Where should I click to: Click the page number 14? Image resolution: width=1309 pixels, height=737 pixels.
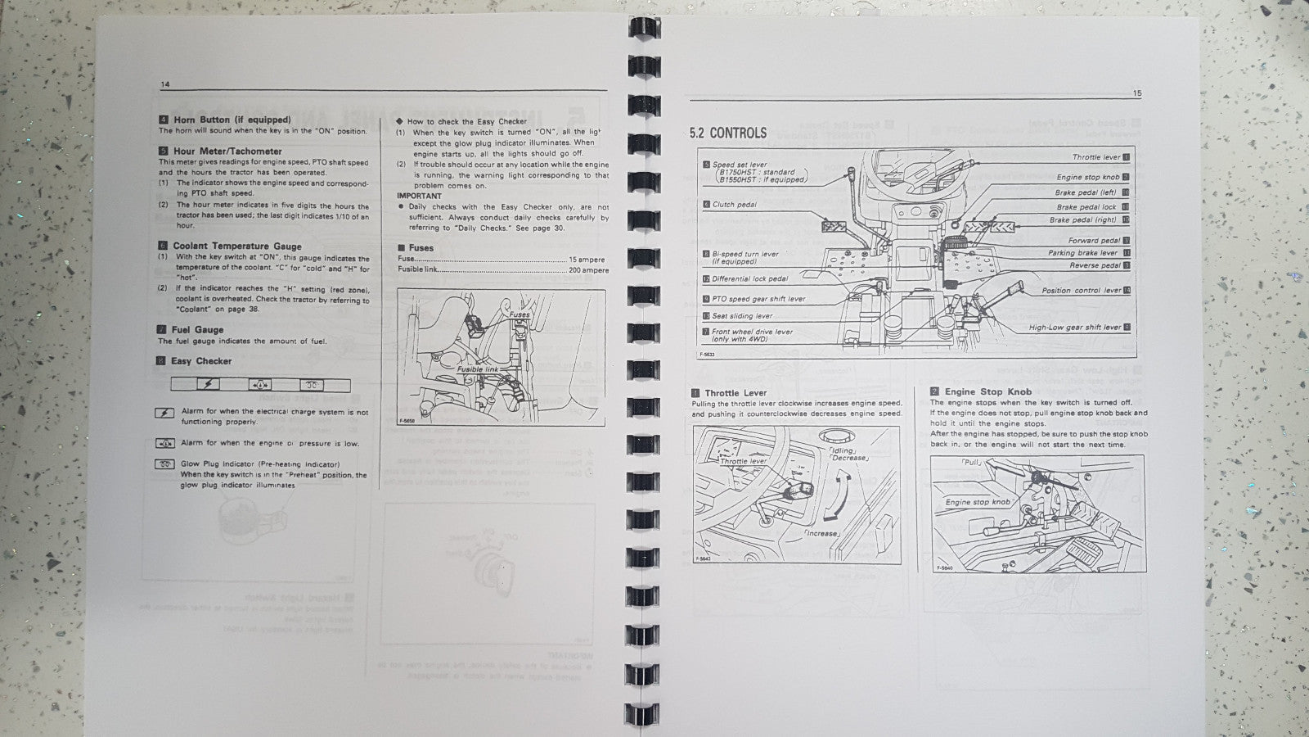165,84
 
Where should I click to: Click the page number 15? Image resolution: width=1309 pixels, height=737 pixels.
1137,93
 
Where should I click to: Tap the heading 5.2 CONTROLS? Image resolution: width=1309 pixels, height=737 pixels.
728,133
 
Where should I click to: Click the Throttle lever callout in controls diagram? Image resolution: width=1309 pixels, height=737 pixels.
1096,157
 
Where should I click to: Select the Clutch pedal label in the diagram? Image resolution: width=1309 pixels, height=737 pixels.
734,205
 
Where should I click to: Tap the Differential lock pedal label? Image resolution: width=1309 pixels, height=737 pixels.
749,279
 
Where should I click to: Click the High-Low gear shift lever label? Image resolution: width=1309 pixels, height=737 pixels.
1074,327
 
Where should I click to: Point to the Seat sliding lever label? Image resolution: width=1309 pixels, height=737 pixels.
741,315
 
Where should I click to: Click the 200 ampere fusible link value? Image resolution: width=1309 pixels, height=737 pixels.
589,270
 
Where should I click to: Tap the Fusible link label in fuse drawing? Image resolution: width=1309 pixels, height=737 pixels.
478,370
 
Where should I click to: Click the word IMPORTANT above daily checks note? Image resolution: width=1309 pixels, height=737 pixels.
419,196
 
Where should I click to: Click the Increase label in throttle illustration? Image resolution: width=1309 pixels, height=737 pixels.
821,533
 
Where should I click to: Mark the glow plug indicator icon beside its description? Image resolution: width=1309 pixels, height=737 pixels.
164,464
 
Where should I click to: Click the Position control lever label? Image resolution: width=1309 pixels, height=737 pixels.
1080,291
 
